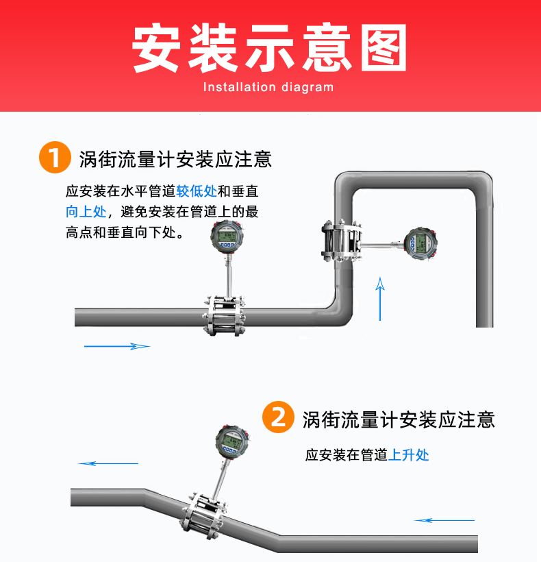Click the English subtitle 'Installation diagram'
(x=268, y=87)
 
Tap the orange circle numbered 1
(x=55, y=158)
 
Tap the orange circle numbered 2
(x=278, y=417)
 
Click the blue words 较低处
(x=197, y=191)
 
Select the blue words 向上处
(x=86, y=212)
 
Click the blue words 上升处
(x=409, y=455)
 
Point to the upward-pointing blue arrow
(x=380, y=299)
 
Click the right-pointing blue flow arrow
(x=117, y=346)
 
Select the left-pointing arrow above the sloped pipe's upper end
(x=108, y=463)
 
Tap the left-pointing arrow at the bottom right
(x=444, y=520)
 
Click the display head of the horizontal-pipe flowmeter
(x=227, y=236)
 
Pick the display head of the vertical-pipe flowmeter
(x=420, y=244)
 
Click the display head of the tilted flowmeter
(x=232, y=441)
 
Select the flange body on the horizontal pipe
(x=224, y=315)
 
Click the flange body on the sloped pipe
(x=203, y=514)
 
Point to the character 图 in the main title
(x=383, y=48)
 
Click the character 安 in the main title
(x=155, y=48)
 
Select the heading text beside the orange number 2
(x=399, y=419)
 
